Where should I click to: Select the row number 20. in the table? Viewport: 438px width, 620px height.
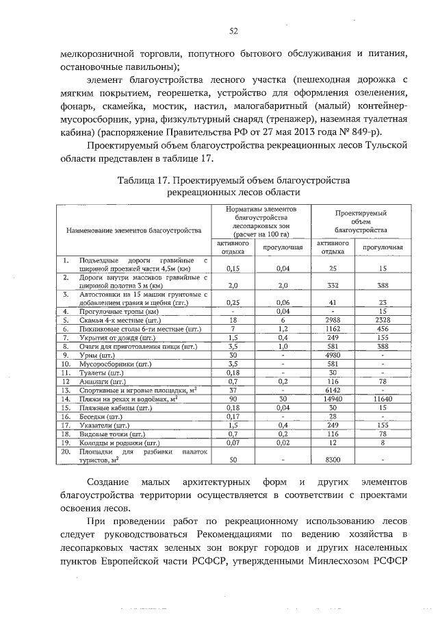66,452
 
